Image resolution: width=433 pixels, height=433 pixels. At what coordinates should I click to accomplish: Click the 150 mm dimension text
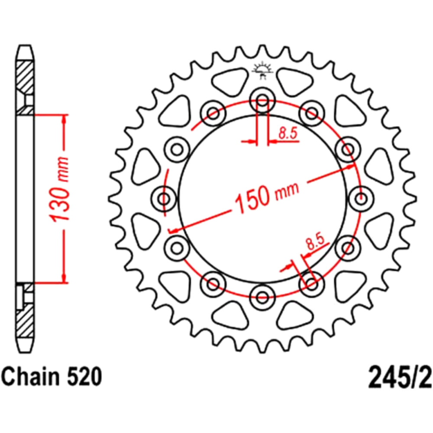266,197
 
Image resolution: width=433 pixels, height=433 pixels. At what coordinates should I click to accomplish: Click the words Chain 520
52,376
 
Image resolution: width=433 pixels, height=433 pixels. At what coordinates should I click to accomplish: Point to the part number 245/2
400,377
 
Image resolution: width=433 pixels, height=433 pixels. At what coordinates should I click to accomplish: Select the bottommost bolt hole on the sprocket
262,297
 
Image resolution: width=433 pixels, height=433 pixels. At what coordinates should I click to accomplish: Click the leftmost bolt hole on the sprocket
164,199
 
